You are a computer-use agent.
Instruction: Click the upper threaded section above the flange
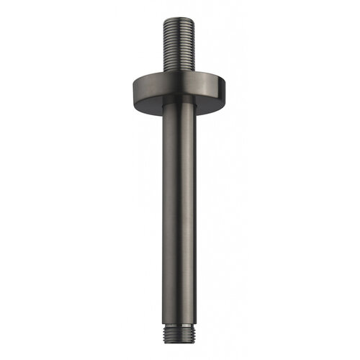(180, 43)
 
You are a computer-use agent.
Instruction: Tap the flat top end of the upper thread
(180, 16)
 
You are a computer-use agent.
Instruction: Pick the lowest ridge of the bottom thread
(180, 341)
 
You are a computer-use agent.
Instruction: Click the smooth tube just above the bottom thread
(180, 317)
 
